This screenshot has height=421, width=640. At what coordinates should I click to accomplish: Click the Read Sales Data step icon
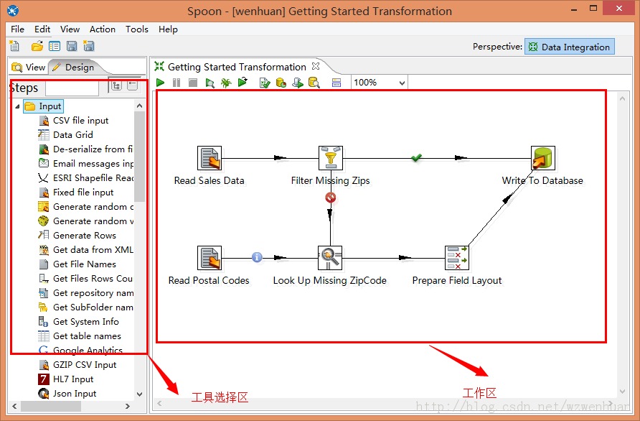click(x=210, y=158)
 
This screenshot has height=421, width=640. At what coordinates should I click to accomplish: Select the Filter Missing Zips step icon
click(x=331, y=158)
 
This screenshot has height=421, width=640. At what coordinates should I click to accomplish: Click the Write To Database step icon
click(x=542, y=158)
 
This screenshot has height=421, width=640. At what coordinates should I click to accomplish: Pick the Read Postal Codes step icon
click(x=210, y=258)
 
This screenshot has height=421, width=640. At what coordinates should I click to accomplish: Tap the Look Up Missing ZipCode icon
click(x=330, y=258)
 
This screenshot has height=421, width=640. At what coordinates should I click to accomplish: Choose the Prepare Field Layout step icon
click(x=456, y=258)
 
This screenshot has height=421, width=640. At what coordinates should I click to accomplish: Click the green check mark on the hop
click(x=416, y=157)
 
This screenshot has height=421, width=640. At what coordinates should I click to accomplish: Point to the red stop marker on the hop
click(x=330, y=197)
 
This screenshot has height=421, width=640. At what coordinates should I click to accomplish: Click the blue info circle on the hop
click(x=257, y=257)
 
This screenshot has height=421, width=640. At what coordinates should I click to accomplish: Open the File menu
click(x=18, y=29)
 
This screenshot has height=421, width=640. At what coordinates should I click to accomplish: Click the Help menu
click(x=168, y=29)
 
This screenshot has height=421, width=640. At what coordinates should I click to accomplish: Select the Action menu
click(x=103, y=29)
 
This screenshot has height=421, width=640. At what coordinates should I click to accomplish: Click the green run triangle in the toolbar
click(x=161, y=83)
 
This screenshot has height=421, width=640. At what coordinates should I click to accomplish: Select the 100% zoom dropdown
click(x=379, y=83)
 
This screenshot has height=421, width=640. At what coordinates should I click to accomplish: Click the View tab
click(x=29, y=67)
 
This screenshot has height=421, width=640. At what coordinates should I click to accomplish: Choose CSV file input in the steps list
click(x=80, y=121)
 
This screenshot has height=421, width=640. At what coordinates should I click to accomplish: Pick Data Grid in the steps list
click(x=72, y=135)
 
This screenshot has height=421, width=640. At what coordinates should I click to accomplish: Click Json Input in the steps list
click(x=75, y=394)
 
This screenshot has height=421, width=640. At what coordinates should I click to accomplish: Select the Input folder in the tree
click(x=50, y=106)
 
